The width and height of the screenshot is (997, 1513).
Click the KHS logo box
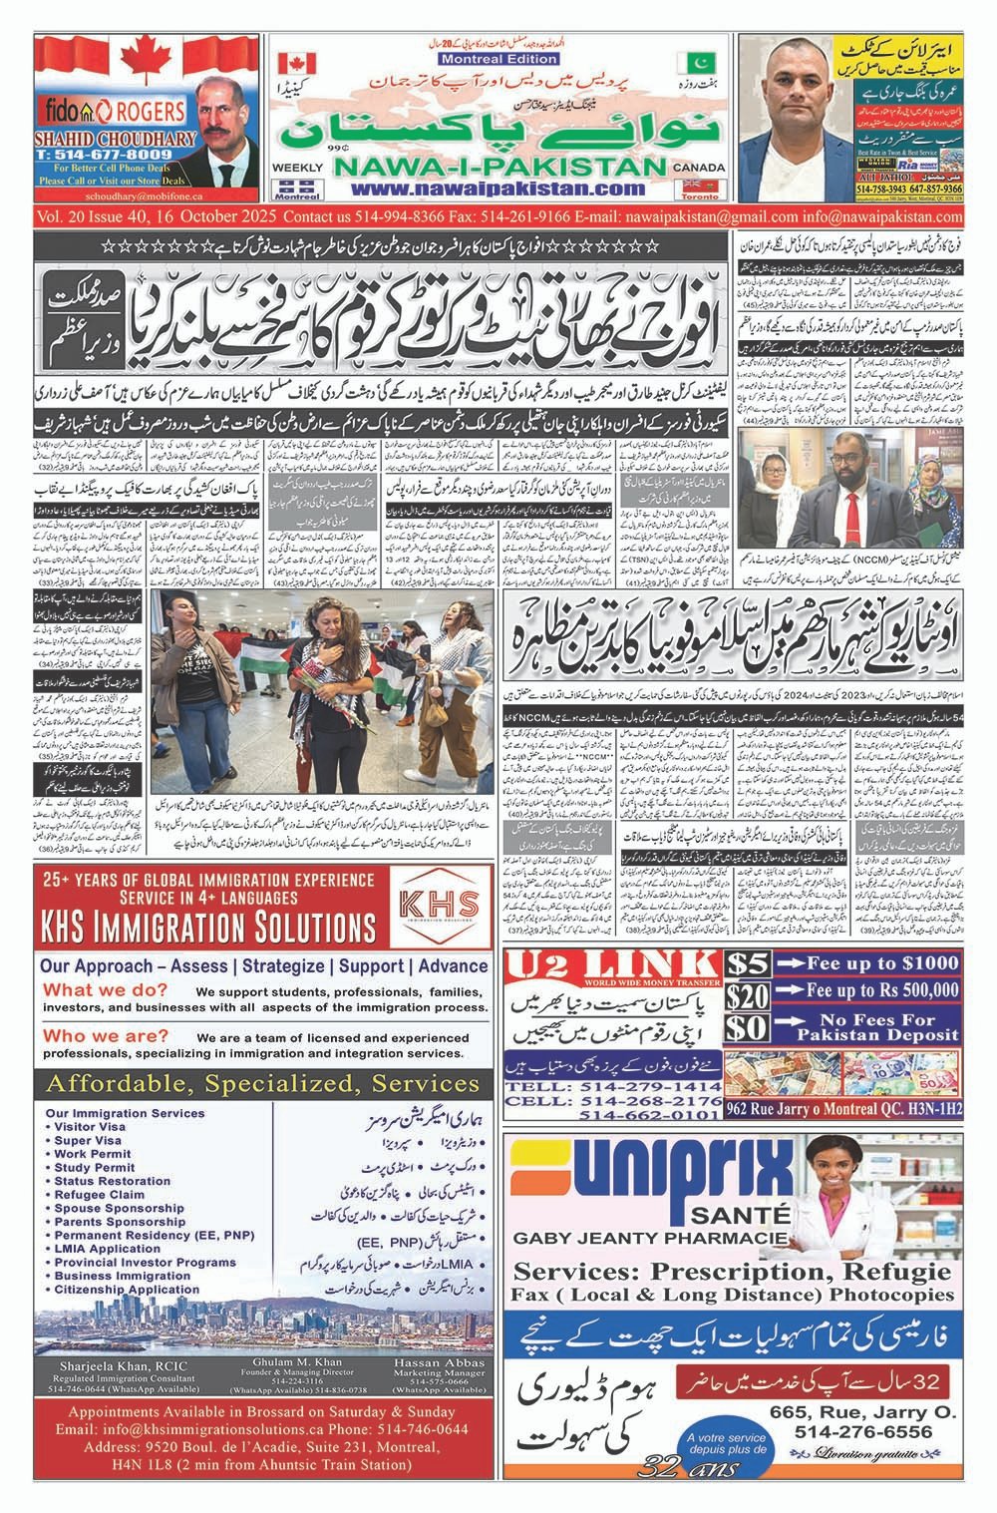(438, 904)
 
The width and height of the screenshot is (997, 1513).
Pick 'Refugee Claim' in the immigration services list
(100, 1194)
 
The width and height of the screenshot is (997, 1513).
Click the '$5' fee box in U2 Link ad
(748, 964)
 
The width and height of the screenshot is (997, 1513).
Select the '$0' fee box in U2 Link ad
(748, 1028)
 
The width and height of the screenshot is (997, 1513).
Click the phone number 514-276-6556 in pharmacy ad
(863, 1432)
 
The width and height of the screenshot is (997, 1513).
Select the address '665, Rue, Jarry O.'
(863, 1412)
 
